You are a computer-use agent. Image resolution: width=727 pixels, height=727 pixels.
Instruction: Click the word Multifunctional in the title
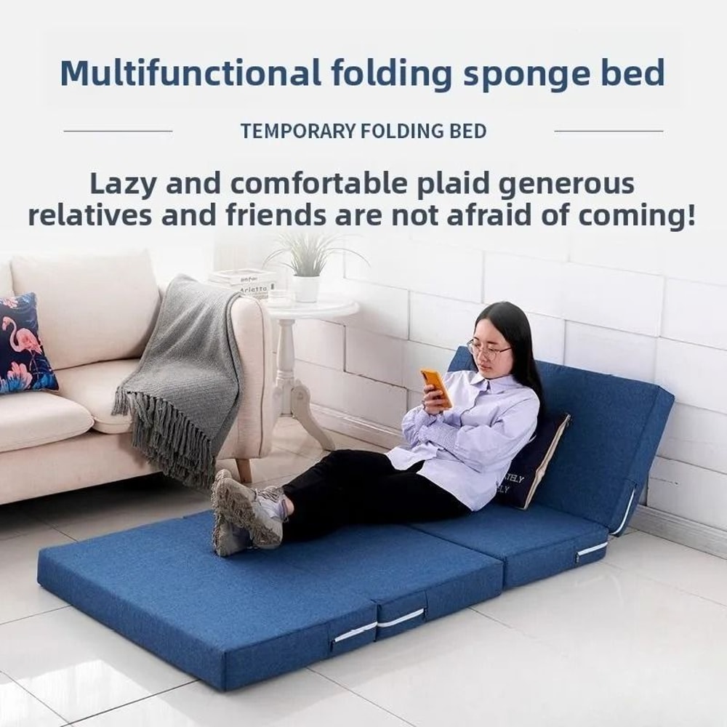tap(190, 73)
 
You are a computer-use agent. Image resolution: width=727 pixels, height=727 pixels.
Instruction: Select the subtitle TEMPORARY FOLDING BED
tap(363, 132)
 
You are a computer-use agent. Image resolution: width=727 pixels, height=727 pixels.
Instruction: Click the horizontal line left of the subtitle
tap(118, 132)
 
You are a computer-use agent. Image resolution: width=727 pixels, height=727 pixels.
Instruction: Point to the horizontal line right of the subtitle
tap(608, 132)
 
